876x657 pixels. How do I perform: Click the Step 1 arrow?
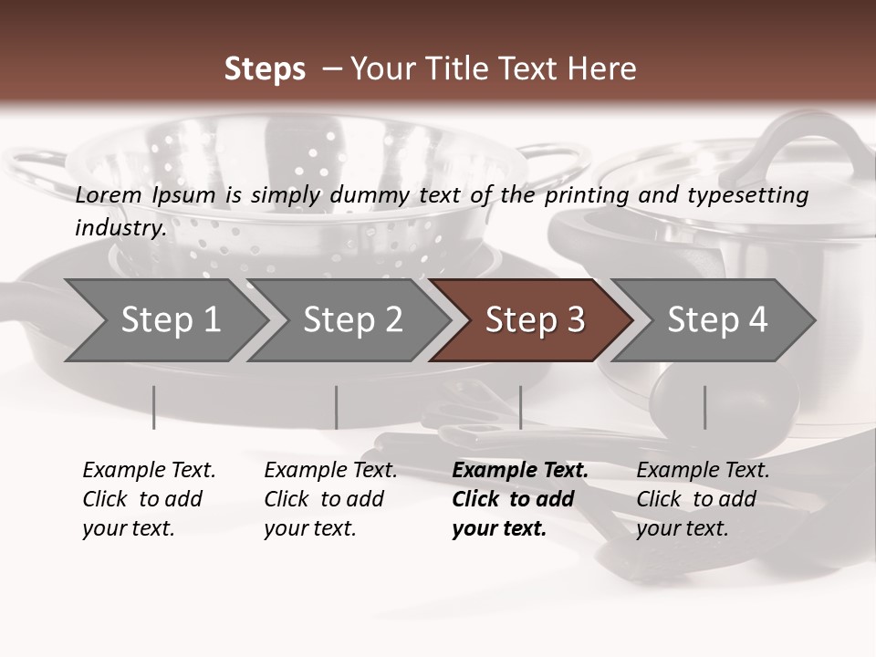[x=164, y=320]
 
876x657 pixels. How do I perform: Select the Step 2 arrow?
[x=351, y=320]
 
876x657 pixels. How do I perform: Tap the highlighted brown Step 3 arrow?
[x=534, y=320]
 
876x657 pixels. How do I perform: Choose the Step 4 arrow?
[x=716, y=320]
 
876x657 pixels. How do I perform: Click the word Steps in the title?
[x=265, y=69]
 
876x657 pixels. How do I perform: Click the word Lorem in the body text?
[x=109, y=194]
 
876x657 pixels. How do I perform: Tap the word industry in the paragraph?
[x=120, y=227]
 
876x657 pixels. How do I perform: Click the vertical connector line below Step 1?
[x=154, y=407]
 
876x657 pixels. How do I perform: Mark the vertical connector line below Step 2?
[x=337, y=407]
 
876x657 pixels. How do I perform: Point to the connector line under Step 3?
[x=520, y=407]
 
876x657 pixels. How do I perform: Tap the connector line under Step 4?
[x=704, y=407]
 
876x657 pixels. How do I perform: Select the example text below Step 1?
[x=149, y=499]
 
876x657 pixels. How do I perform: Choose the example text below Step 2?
[x=330, y=499]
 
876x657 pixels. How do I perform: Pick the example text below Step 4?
[x=703, y=499]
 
